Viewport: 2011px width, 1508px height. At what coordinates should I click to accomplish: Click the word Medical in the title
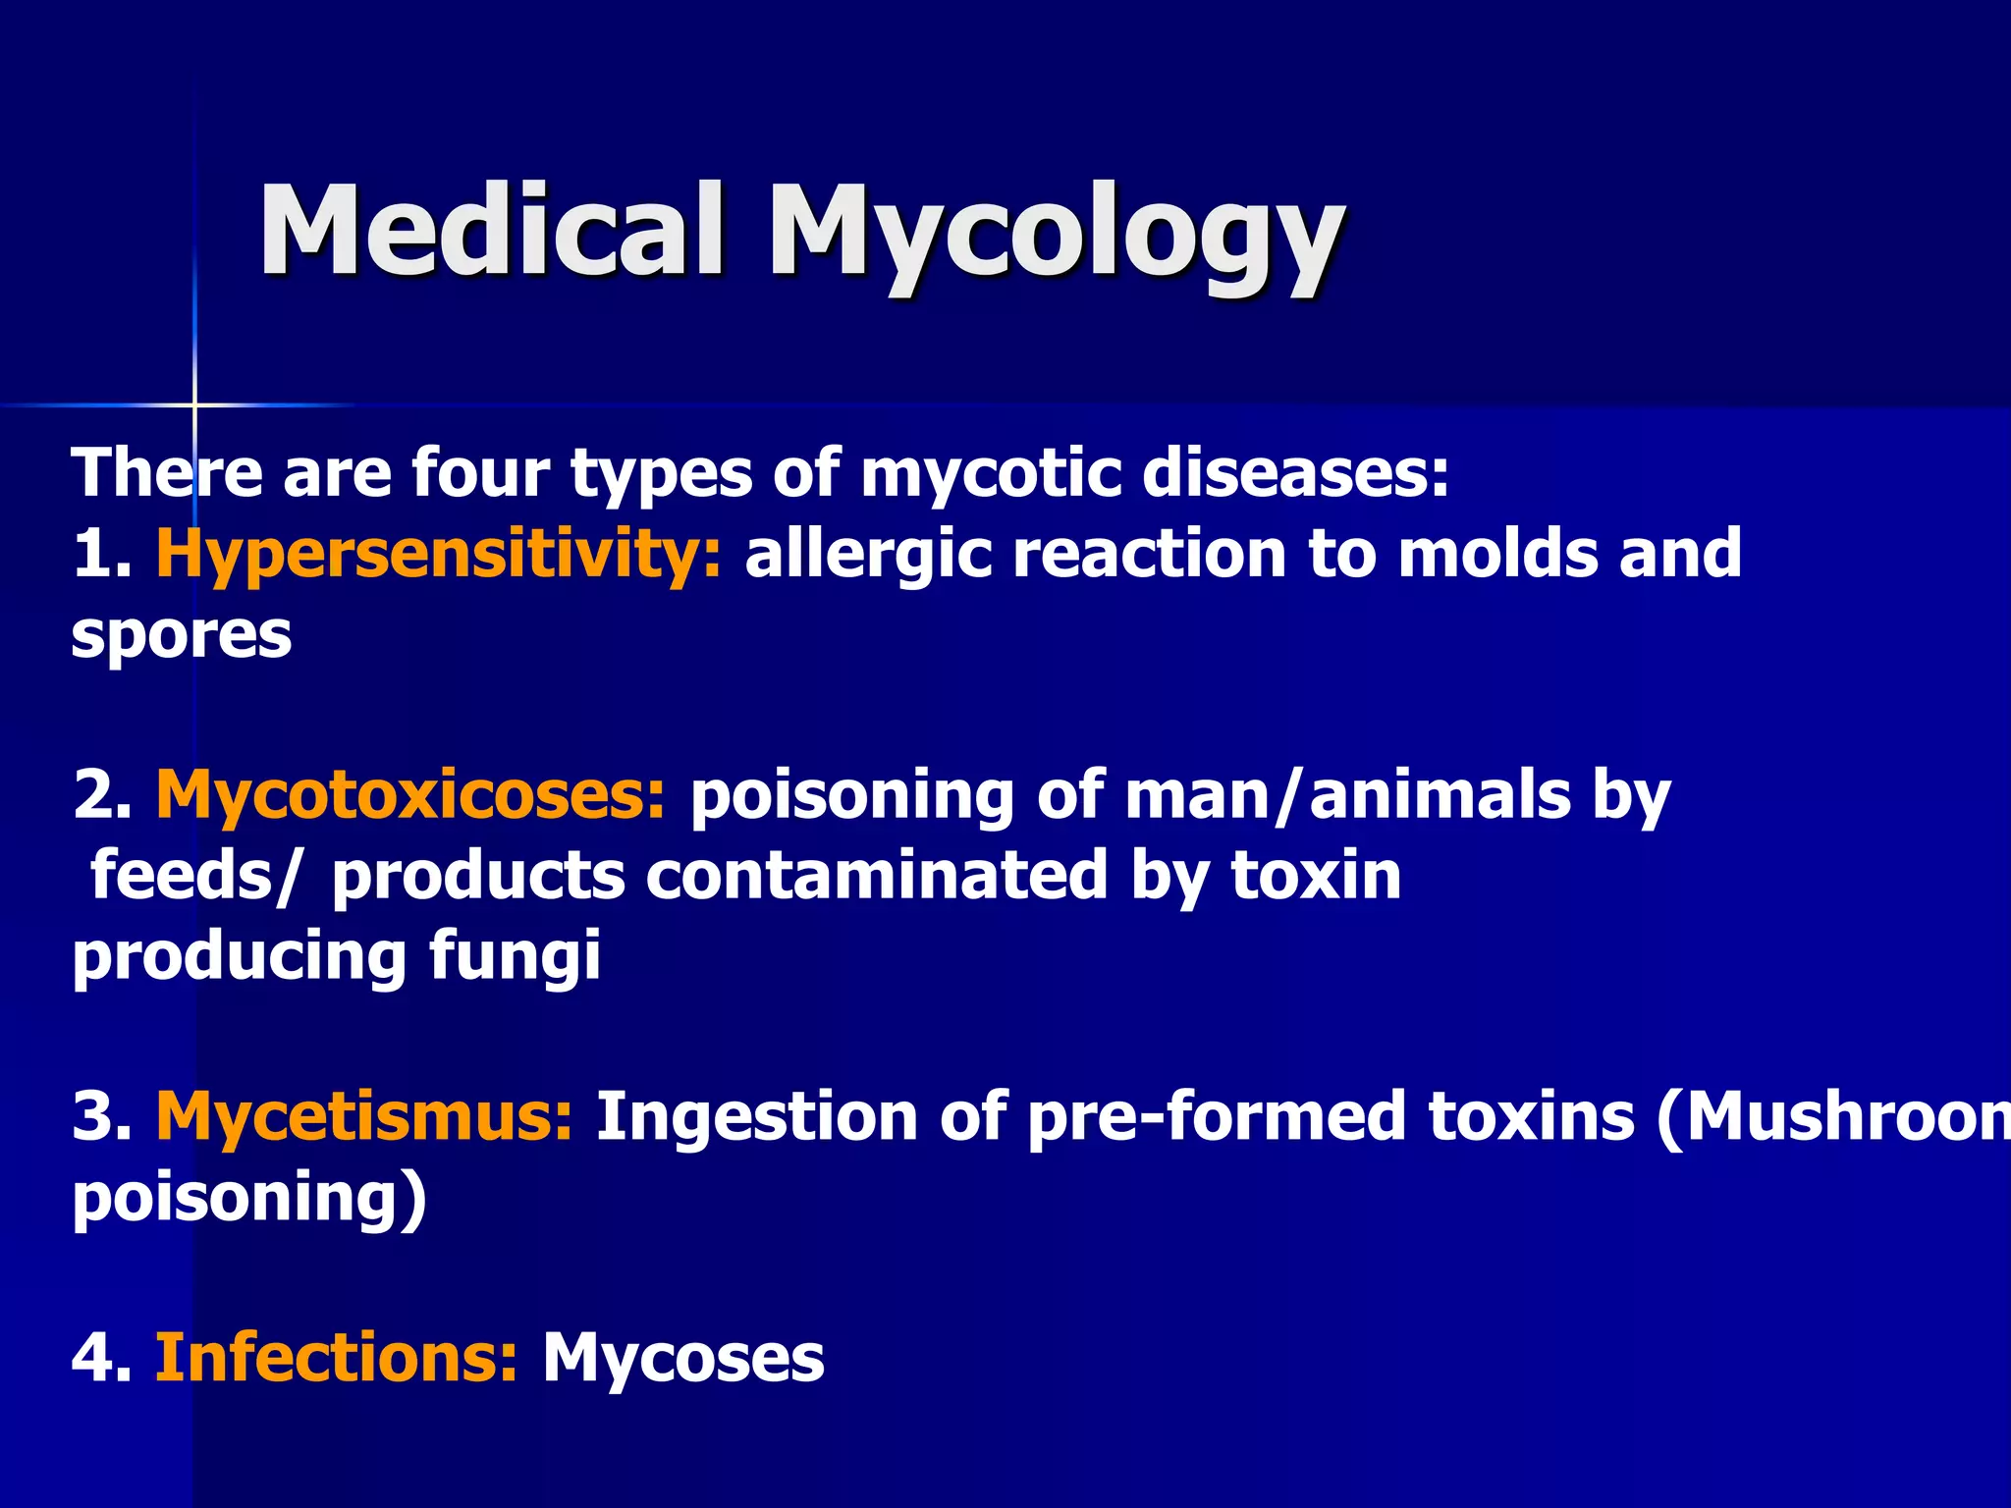491,231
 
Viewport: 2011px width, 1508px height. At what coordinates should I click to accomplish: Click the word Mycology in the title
1056,236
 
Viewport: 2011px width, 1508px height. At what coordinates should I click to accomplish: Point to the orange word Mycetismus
364,1117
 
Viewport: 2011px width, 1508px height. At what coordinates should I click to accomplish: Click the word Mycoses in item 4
683,1358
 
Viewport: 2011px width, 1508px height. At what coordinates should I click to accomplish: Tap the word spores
182,636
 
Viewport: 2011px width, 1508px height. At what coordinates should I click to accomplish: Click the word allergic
868,555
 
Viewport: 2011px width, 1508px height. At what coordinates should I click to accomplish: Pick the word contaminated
877,876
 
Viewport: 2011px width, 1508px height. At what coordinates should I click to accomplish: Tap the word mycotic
991,473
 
